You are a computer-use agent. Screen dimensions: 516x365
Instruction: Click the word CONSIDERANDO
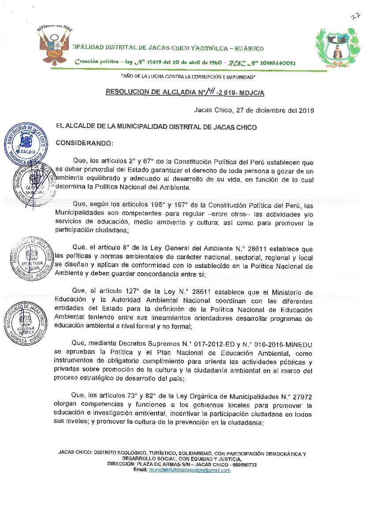pos(84,143)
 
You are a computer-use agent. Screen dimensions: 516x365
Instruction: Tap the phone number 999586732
pos(244,465)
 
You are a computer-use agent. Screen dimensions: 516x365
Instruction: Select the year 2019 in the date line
pos(305,110)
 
